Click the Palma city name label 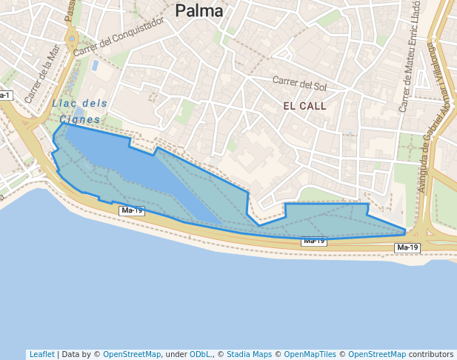click(x=199, y=11)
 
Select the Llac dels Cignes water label click(x=80, y=111)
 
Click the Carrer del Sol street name click(x=299, y=81)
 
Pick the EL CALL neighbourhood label click(x=304, y=107)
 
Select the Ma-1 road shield click(x=4, y=96)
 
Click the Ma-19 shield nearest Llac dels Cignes click(x=132, y=211)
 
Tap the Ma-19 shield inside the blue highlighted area click(x=313, y=241)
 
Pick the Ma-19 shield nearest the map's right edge click(x=407, y=247)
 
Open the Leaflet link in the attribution click(x=41, y=354)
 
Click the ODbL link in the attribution click(x=199, y=354)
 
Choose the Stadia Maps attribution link click(x=249, y=354)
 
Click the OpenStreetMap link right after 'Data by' click(x=132, y=354)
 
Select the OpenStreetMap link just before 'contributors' click(x=377, y=354)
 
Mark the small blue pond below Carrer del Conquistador click(x=95, y=65)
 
